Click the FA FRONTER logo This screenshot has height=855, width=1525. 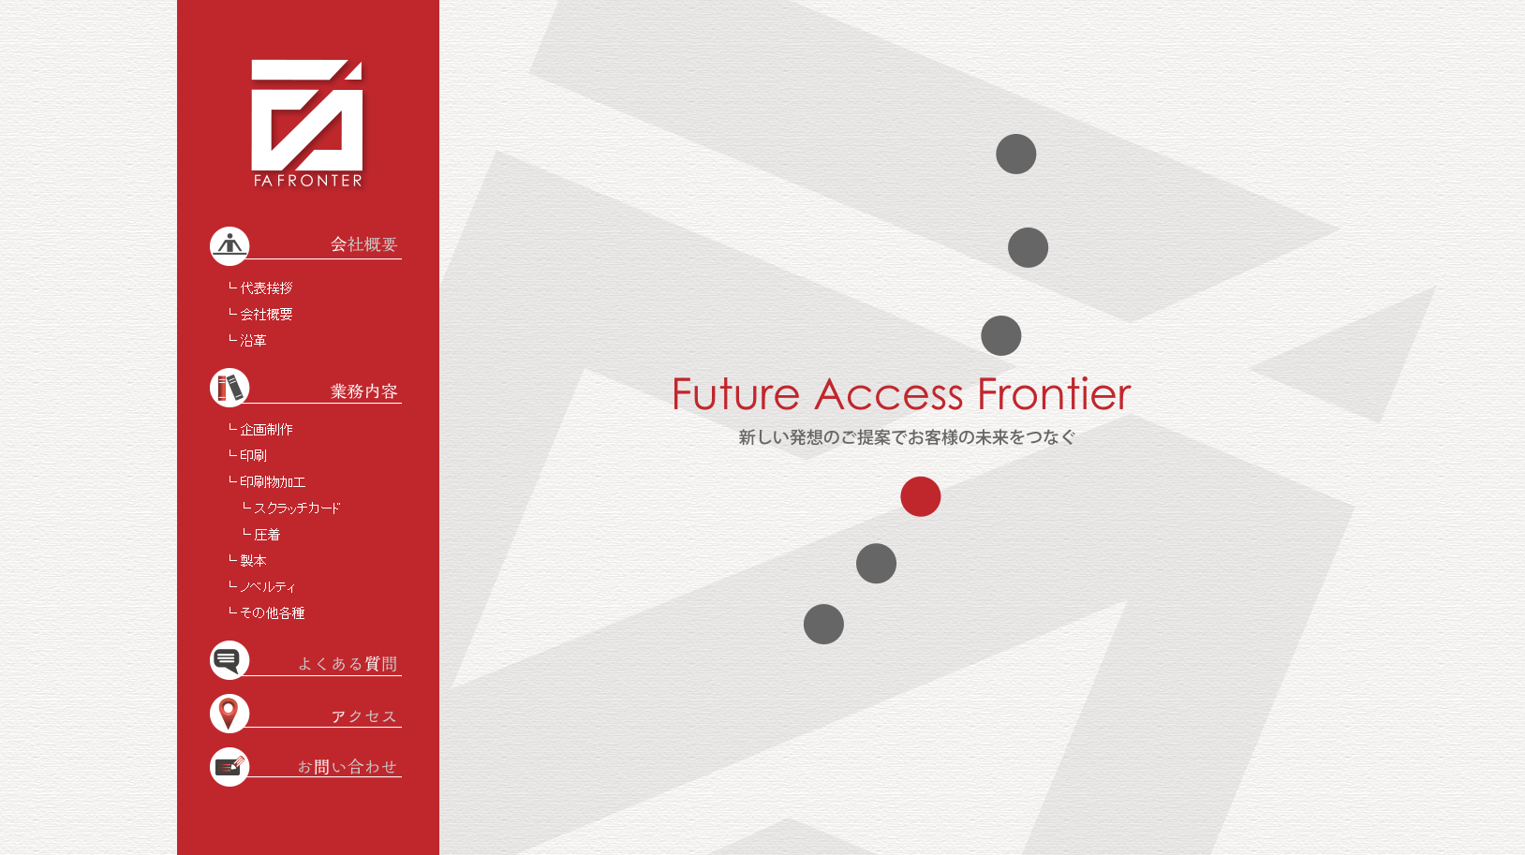(x=307, y=124)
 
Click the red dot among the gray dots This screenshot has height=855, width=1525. (x=921, y=496)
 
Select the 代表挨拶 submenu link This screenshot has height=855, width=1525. (x=266, y=287)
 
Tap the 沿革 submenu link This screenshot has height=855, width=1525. (x=253, y=340)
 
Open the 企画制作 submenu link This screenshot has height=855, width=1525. (x=266, y=430)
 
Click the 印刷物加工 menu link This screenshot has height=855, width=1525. (x=273, y=482)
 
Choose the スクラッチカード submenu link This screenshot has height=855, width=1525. (x=297, y=508)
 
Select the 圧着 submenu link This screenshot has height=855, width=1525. (x=267, y=535)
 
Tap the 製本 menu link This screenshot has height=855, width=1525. (x=253, y=560)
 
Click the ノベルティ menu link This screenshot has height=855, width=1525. (x=268, y=587)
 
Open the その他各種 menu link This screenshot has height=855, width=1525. (x=273, y=612)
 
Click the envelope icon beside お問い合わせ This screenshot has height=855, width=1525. (x=229, y=767)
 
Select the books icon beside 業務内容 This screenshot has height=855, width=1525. (x=229, y=388)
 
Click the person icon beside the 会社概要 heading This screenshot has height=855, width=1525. (x=229, y=245)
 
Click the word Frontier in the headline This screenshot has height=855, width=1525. (x=1054, y=393)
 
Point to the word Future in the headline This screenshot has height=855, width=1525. (x=736, y=393)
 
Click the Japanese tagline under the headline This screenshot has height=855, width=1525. (x=907, y=437)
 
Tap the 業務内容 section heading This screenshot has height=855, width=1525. (x=364, y=391)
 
